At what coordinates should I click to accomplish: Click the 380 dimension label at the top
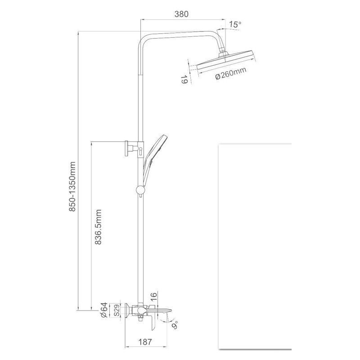[x=181, y=14]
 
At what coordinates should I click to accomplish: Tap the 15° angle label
[x=235, y=24]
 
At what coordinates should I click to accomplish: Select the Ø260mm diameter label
[x=231, y=73]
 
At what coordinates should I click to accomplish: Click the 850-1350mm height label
[x=72, y=186]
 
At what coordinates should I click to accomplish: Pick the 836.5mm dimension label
[x=98, y=227]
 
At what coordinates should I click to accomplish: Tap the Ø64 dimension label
[x=104, y=310]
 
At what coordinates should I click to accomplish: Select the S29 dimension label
[x=117, y=310]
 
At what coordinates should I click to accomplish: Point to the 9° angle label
[x=175, y=325]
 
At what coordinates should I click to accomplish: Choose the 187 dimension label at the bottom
[x=145, y=342]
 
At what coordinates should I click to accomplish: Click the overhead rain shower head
[x=227, y=60]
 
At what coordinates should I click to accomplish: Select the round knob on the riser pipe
[x=140, y=190]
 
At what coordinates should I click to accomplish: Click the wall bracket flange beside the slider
[x=126, y=148]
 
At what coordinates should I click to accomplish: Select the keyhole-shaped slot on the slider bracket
[x=140, y=150]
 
